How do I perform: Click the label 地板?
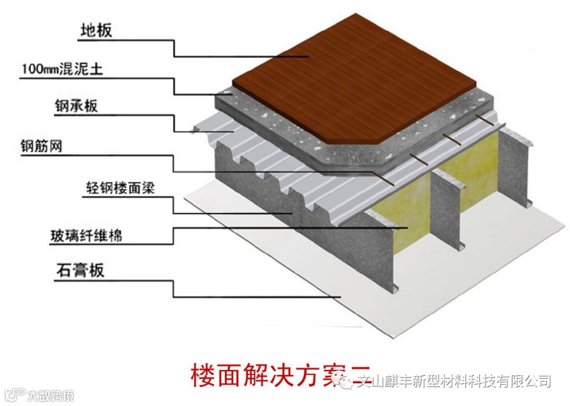pyautogui.click(x=96, y=31)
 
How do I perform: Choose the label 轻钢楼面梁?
pyautogui.click(x=120, y=188)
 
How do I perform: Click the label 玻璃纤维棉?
pyautogui.click(x=86, y=235)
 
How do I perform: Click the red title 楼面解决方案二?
pyautogui.click(x=280, y=376)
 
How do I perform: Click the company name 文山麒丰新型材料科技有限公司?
pyautogui.click(x=454, y=381)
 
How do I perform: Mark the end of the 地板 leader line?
pyautogui.click(x=308, y=56)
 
